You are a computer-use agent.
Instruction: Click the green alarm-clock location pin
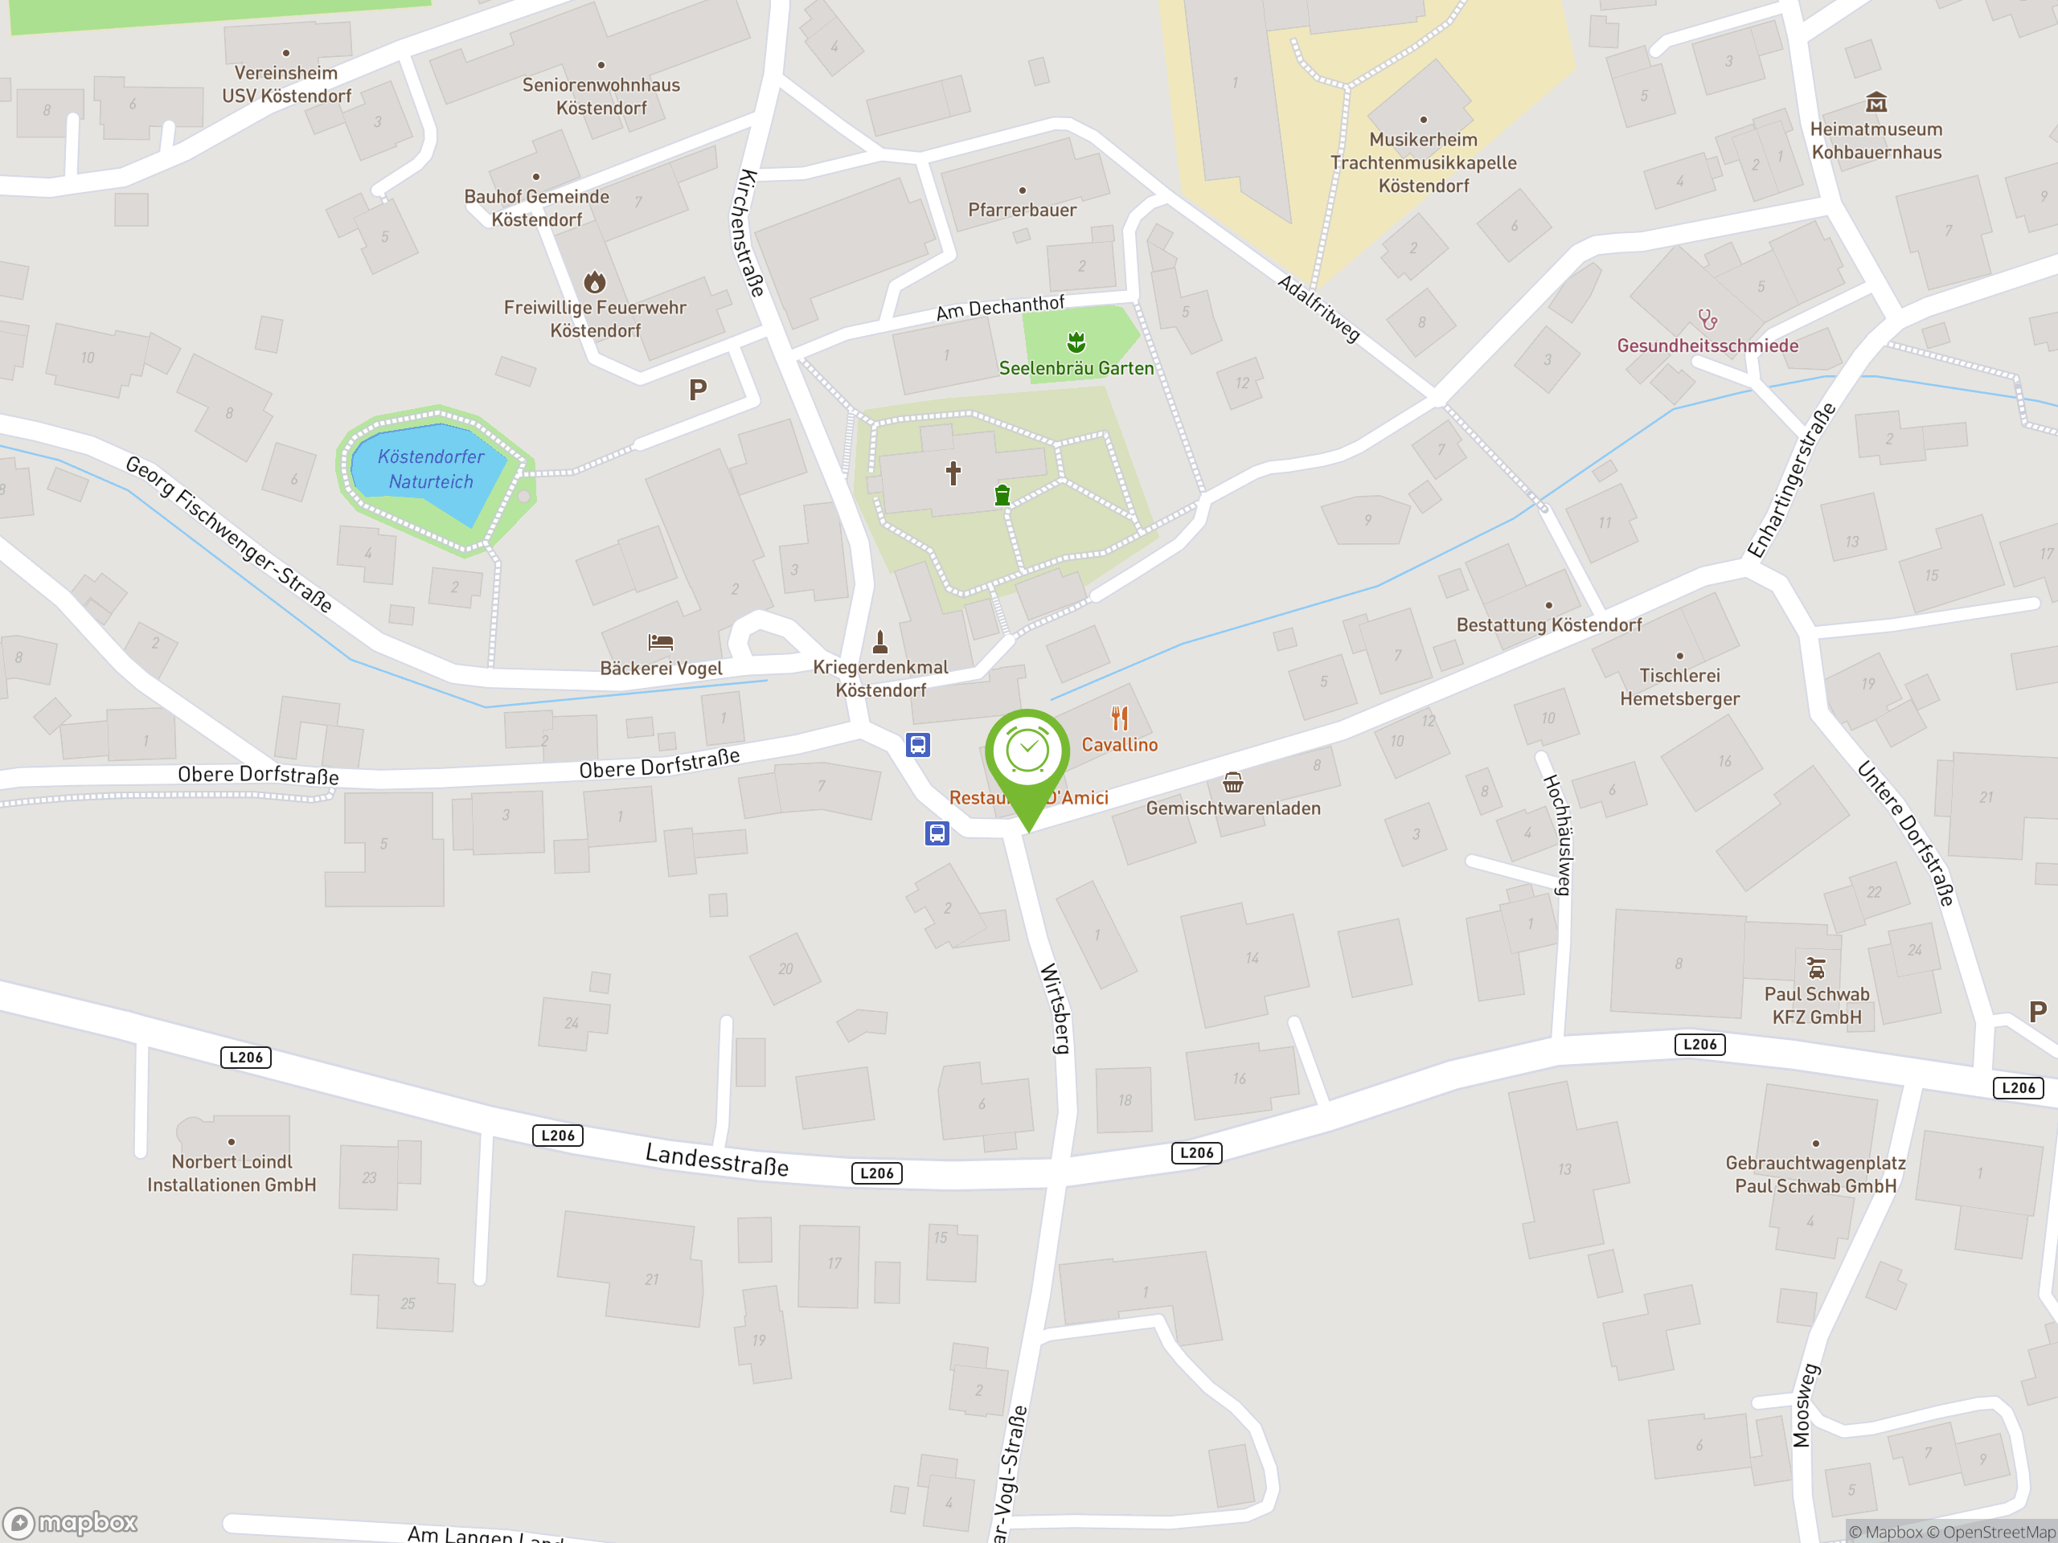[1027, 755]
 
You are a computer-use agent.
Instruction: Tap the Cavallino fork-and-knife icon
[1119, 718]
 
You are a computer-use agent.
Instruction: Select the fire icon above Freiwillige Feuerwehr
[595, 281]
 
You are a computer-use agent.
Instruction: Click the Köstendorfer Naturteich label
[431, 469]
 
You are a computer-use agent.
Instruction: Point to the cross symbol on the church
[953, 473]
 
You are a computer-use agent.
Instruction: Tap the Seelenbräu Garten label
[1076, 368]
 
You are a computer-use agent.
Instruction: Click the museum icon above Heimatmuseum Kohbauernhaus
[1876, 101]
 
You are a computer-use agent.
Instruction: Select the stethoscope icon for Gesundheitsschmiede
[1707, 320]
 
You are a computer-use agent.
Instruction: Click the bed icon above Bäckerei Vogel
[661, 642]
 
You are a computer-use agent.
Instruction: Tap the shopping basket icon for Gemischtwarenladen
[1232, 782]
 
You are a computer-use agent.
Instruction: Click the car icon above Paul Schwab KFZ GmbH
[1815, 968]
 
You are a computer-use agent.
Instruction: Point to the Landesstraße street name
[716, 1160]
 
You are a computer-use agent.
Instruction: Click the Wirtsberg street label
[1055, 1009]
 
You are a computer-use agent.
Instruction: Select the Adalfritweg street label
[1318, 309]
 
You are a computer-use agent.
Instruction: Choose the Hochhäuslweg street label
[1557, 834]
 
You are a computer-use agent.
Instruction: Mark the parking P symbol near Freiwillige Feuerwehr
[698, 390]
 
